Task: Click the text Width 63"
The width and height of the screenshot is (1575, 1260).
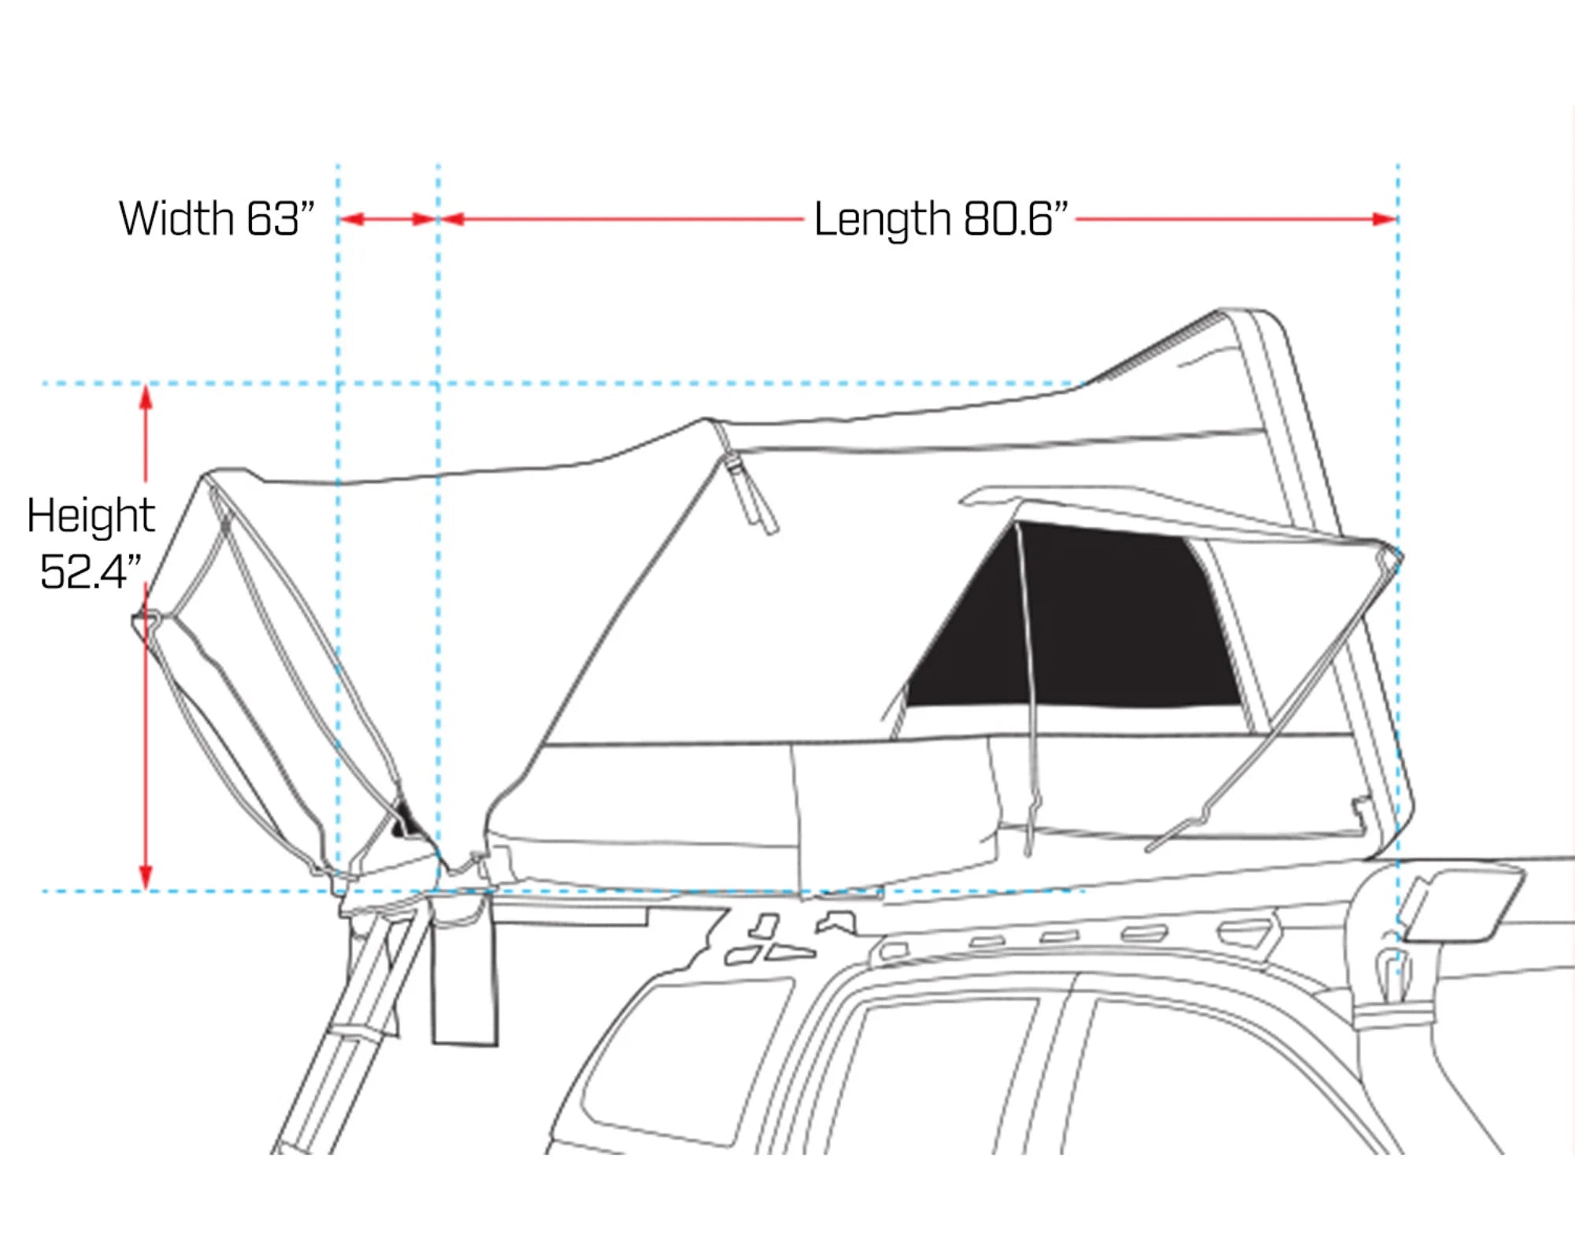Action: (217, 218)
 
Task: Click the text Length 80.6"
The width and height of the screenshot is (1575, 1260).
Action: (940, 218)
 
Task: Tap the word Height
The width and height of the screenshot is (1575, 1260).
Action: (91, 516)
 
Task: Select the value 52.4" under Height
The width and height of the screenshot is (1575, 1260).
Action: (91, 572)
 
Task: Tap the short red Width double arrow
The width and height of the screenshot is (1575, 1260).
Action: (388, 219)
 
